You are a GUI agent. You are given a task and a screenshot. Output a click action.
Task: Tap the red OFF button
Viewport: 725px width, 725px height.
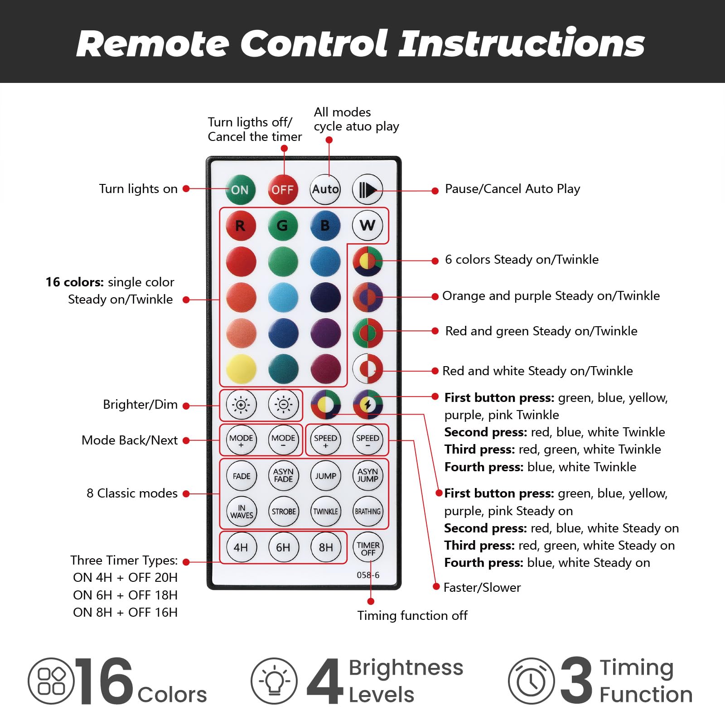(282, 189)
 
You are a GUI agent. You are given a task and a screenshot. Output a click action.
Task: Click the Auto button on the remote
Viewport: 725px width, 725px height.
(325, 189)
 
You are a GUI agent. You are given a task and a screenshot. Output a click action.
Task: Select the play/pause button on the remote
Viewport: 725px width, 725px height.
(367, 189)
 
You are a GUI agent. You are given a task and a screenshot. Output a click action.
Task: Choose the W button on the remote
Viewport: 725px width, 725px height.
(367, 225)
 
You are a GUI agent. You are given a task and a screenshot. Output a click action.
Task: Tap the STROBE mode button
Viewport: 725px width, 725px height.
(283, 512)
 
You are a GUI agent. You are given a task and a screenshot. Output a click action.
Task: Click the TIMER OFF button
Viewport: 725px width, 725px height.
(368, 547)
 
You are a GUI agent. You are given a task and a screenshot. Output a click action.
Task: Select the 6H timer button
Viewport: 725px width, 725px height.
(283, 547)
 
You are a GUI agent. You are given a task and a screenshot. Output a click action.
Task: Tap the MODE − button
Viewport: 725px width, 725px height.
(283, 440)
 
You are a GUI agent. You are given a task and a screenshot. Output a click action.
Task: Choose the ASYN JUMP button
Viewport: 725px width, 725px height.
(367, 476)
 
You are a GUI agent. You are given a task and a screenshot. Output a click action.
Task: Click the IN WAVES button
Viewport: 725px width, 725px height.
(241, 512)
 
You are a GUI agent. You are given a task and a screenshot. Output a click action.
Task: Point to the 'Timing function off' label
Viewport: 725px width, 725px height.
(412, 615)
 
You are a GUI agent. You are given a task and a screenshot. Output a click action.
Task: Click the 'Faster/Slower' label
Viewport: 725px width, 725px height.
(482, 588)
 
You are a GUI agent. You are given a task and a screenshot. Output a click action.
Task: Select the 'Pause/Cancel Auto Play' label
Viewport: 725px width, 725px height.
(512, 189)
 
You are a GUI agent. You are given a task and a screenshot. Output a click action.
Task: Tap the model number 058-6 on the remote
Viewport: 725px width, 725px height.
(368, 575)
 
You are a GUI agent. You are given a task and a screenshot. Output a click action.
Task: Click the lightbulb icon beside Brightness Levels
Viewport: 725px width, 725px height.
(274, 681)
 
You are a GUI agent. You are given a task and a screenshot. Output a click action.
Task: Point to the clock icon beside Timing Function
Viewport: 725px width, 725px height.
(531, 681)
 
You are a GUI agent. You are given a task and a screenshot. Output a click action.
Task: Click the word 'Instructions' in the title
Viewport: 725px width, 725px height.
(522, 43)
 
